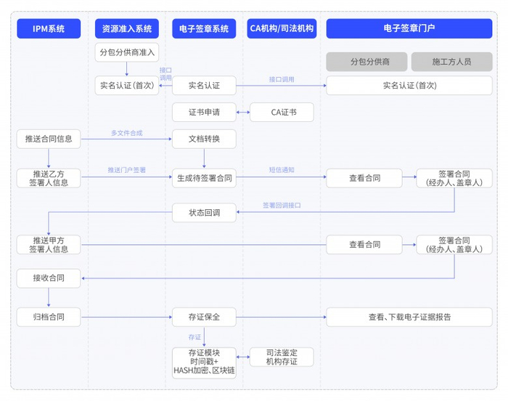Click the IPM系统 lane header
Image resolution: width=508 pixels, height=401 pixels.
[x=49, y=29]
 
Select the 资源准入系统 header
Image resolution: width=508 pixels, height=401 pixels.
[x=127, y=29]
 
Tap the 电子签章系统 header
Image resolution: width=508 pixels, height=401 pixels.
[x=204, y=29]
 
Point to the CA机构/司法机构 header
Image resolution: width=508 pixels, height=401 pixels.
[x=281, y=29]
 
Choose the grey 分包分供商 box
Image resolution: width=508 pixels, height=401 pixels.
[x=367, y=62]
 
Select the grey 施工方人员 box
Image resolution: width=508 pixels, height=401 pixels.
[x=451, y=62]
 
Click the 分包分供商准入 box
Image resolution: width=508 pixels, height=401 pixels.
[x=127, y=52]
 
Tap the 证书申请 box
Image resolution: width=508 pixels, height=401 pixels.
[x=204, y=113]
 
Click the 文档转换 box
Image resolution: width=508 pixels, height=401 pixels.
[x=204, y=139]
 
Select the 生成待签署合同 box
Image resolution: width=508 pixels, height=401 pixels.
[x=204, y=178]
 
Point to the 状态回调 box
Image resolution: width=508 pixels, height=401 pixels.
[x=204, y=213]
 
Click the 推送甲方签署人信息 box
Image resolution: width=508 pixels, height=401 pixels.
[x=49, y=245]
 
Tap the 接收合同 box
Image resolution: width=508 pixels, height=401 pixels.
[x=49, y=278]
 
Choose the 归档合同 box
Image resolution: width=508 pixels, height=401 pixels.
[x=49, y=317]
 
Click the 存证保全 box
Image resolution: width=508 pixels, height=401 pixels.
[x=204, y=317]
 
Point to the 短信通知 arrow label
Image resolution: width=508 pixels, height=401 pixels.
[x=282, y=170]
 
